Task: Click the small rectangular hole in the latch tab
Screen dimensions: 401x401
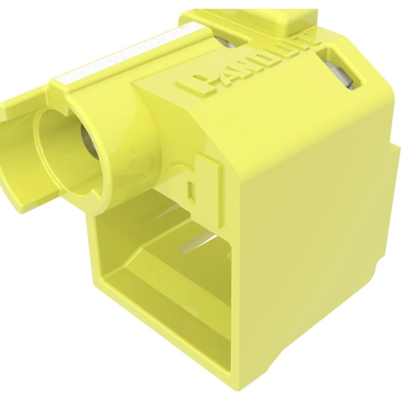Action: pyautogui.click(x=191, y=171)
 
